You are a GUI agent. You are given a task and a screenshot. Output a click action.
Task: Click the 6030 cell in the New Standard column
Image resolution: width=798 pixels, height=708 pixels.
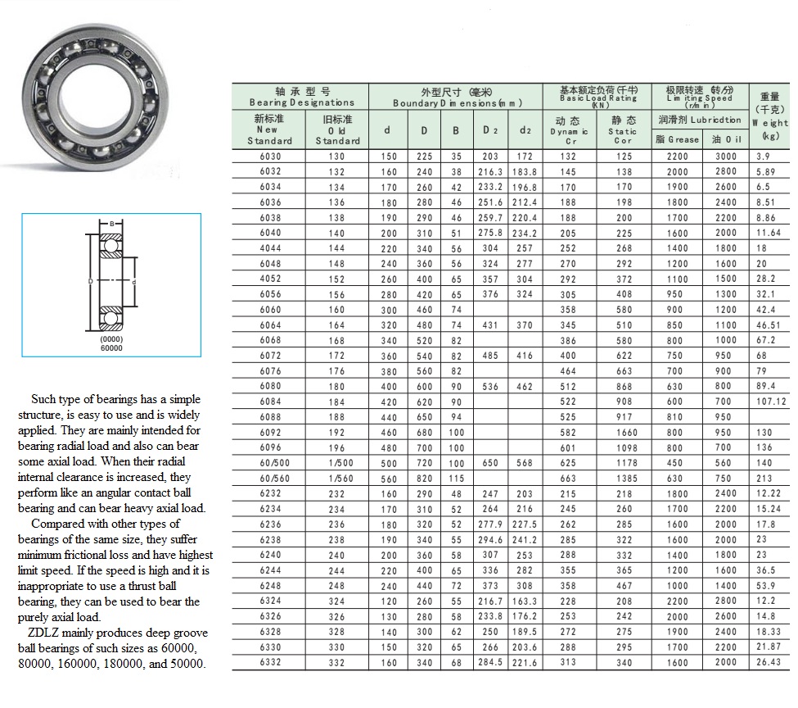point(268,157)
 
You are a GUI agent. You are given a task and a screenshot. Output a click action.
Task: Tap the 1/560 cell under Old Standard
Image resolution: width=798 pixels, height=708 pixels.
point(336,479)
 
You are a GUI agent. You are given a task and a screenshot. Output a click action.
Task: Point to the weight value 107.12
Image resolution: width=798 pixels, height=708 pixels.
point(770,402)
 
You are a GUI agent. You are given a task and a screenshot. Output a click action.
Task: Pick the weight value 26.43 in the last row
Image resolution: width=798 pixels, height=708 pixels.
point(769,662)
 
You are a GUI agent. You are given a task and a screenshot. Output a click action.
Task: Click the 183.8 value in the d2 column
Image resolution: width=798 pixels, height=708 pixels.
point(525,172)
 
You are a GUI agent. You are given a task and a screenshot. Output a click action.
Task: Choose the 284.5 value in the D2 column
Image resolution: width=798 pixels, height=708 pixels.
point(489,662)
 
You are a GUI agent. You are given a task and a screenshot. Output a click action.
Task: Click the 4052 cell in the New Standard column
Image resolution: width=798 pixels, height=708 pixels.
point(268,279)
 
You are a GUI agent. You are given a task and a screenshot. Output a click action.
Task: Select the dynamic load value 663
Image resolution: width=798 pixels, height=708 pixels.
point(568,479)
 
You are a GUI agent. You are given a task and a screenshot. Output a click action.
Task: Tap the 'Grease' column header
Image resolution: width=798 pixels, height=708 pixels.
point(677,139)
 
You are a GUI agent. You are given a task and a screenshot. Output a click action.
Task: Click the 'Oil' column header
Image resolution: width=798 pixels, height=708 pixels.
point(726,139)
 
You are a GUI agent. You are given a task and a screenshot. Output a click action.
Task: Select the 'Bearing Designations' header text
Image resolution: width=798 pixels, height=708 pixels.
point(301,102)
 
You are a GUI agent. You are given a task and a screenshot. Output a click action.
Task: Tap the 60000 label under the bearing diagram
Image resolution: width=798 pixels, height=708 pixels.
point(110,347)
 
